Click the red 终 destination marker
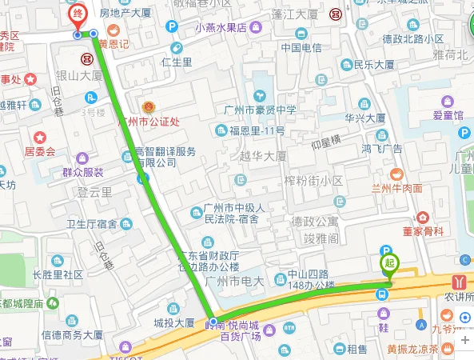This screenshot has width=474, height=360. click(x=77, y=15)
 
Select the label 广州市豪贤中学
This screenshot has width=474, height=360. click(x=259, y=110)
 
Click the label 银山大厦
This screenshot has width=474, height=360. click(x=78, y=74)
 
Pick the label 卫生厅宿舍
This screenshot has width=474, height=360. click(x=91, y=223)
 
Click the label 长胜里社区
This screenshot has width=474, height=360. click(x=58, y=274)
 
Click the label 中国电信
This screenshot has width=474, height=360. click(x=301, y=47)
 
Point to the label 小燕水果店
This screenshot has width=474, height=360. click(x=220, y=27)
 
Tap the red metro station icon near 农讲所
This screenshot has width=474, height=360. click(x=459, y=281)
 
